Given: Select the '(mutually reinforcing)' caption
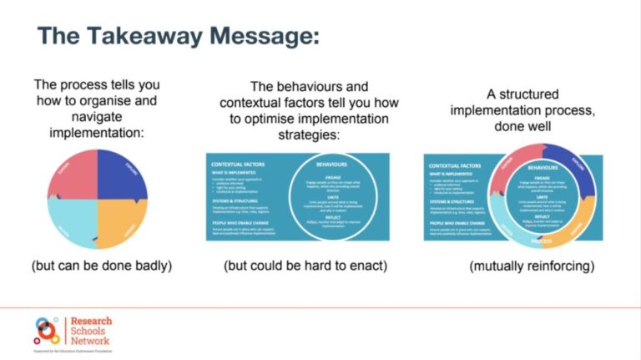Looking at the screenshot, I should point(522,266).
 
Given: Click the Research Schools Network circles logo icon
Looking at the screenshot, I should point(47,331).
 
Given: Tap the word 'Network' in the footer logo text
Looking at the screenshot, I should point(90,340).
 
